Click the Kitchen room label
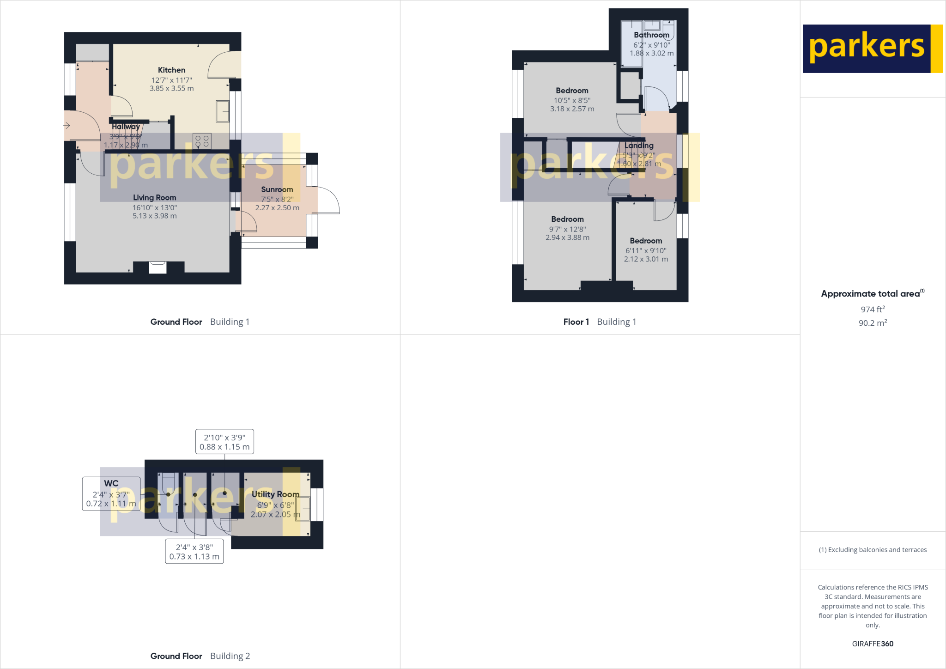click(171, 70)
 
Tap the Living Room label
click(154, 198)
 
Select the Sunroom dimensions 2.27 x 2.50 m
click(277, 208)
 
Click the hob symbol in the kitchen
click(202, 141)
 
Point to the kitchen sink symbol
click(223, 111)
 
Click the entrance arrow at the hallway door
click(67, 126)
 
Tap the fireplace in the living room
click(158, 267)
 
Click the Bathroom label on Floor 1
click(651, 35)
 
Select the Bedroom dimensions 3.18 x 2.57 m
click(572, 109)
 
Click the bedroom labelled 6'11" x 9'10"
click(646, 250)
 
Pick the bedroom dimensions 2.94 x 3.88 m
click(567, 237)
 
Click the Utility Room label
click(275, 494)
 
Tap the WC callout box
click(111, 493)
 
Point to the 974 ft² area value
click(873, 310)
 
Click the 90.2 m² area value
click(873, 323)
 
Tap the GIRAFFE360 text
click(873, 644)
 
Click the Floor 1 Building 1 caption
click(600, 322)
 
